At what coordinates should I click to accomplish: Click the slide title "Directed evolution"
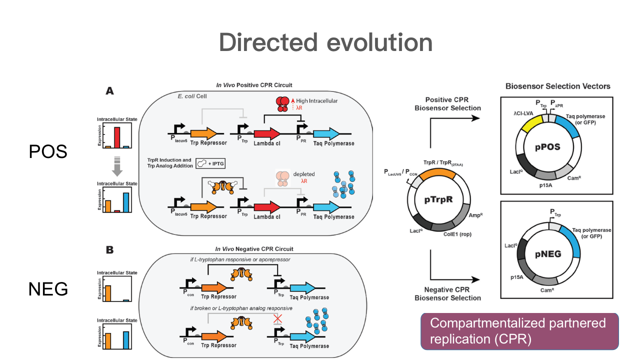(x=325, y=42)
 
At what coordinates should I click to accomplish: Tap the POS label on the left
(x=48, y=151)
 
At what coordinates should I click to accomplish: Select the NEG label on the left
(x=48, y=288)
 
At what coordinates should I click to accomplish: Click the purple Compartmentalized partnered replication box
(x=520, y=330)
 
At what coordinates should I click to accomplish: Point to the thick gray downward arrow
(x=116, y=166)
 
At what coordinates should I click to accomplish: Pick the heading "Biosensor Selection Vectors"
(x=558, y=86)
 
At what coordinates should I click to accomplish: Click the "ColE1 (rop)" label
(x=456, y=233)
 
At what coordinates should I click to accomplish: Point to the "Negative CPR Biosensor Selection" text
(x=448, y=293)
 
